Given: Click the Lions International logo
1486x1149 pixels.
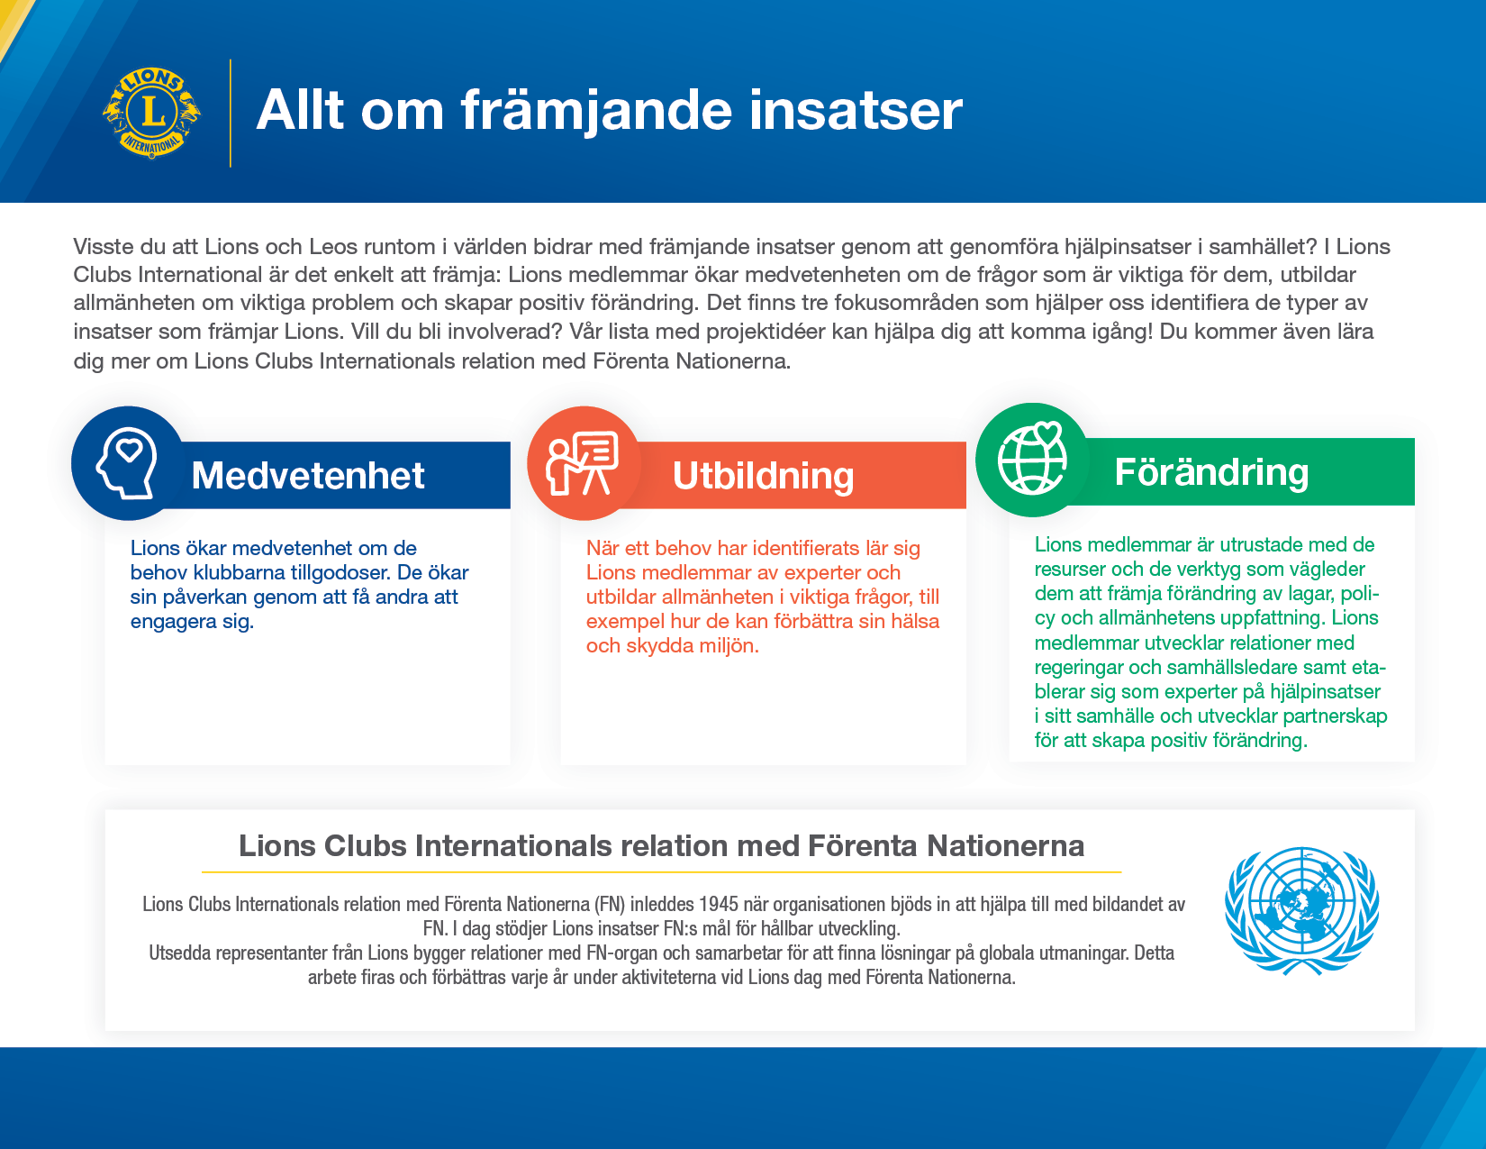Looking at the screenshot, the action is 151,113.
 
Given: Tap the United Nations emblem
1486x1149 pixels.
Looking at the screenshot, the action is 1302,910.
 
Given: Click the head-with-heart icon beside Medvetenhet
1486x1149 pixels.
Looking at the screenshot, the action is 127,463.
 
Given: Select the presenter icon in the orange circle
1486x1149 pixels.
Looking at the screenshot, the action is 582,463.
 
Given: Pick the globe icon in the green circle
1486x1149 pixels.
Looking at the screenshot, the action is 1032,458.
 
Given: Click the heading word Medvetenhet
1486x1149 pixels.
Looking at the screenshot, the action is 308,475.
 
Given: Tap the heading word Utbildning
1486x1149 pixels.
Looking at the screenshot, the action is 763,476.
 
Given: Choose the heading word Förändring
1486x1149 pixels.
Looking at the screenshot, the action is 1212,471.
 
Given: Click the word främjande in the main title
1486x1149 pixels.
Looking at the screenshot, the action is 596,110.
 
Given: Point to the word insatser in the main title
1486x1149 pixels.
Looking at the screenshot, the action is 856,110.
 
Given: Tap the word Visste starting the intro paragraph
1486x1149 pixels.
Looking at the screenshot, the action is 105,246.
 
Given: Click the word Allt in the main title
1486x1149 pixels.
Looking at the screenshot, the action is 300,110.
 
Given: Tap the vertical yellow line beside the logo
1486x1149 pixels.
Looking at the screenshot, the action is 231,113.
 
